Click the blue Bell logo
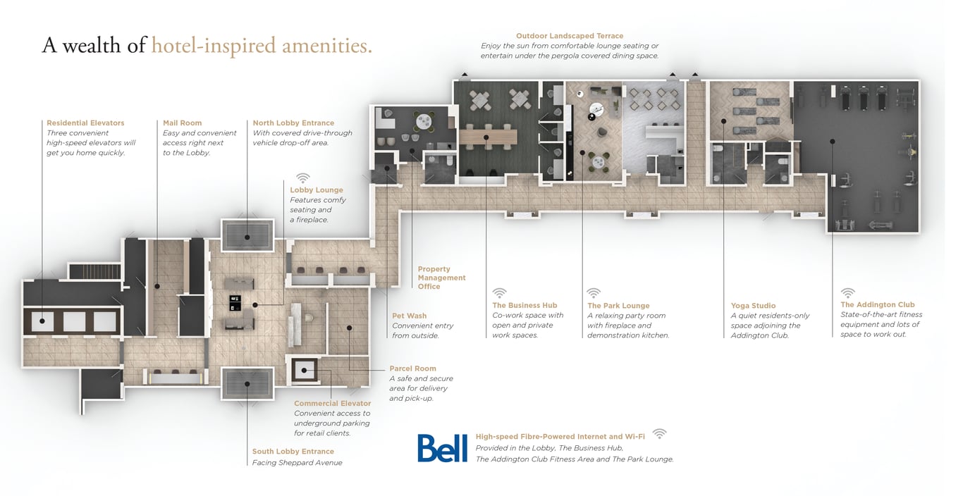(x=443, y=448)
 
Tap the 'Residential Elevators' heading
(x=85, y=123)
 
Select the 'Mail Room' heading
(x=183, y=123)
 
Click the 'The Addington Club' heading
(x=878, y=304)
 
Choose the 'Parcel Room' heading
(x=412, y=368)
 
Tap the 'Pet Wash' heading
(x=410, y=316)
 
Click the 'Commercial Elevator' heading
(x=332, y=403)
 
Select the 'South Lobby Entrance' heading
(x=293, y=452)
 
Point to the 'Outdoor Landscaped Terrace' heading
(x=570, y=36)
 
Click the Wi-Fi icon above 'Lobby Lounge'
(x=303, y=178)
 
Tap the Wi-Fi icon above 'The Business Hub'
(x=500, y=292)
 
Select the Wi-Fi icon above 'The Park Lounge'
(x=594, y=292)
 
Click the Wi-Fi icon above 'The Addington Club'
(x=848, y=292)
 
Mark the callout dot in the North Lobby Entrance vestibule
(x=247, y=237)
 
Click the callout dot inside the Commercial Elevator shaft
(x=304, y=371)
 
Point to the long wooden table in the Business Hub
(x=489, y=137)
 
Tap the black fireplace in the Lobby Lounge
(x=235, y=302)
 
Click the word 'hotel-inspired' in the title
(x=214, y=46)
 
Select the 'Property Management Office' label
(x=441, y=278)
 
